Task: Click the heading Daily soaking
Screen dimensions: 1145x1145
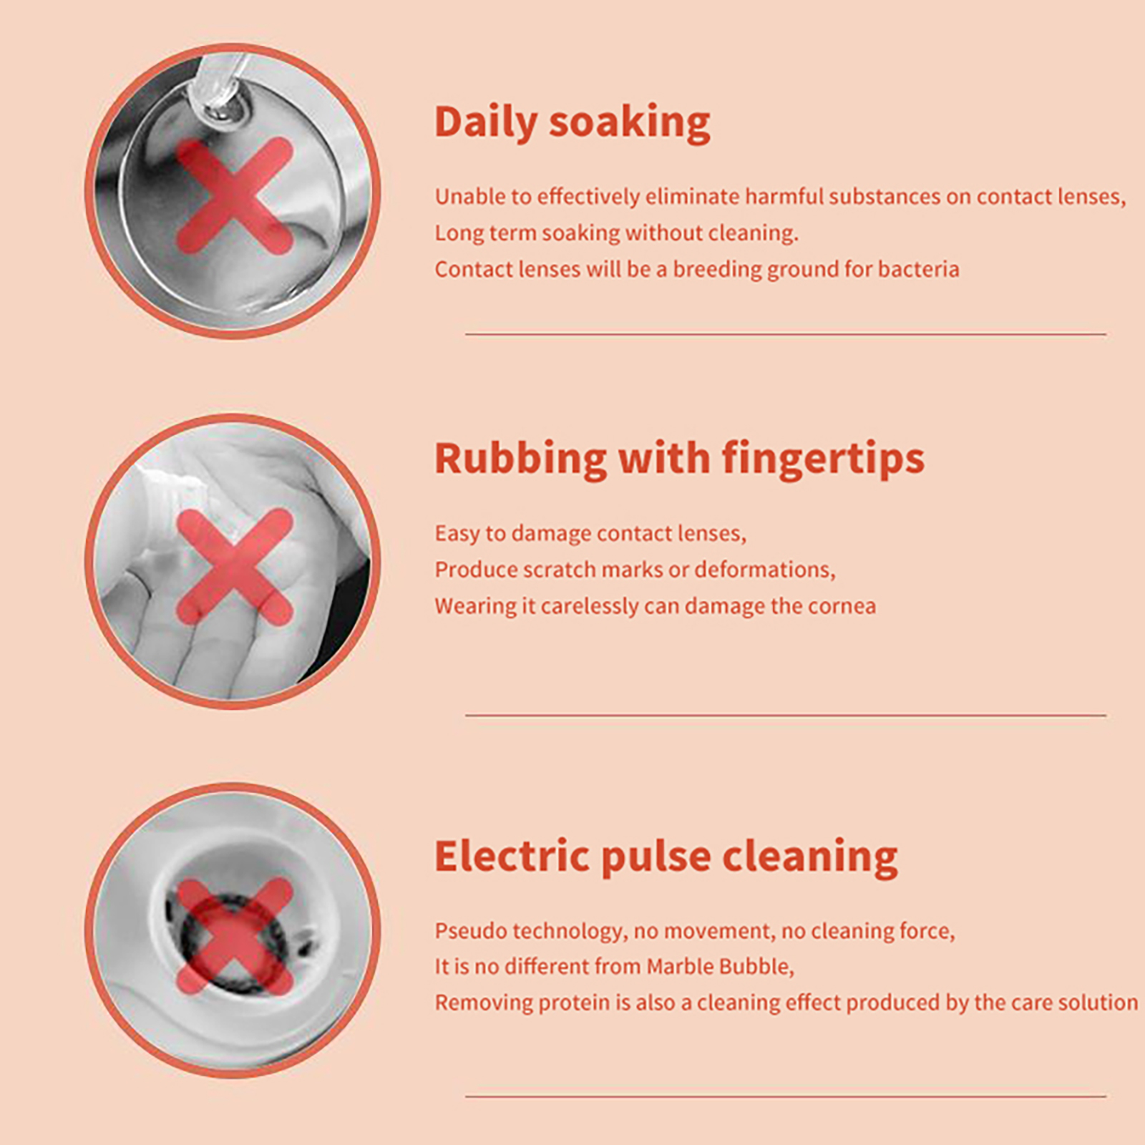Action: tap(572, 122)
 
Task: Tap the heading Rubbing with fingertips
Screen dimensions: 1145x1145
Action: tap(679, 459)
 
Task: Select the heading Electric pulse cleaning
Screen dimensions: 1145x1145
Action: tap(666, 857)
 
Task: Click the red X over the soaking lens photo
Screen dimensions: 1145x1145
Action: tap(235, 195)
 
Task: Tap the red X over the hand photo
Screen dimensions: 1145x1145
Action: tap(235, 567)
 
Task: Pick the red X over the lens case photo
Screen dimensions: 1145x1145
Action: tap(235, 937)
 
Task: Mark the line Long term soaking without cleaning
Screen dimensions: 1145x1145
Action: tap(616, 233)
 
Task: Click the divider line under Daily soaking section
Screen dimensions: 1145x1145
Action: tap(786, 333)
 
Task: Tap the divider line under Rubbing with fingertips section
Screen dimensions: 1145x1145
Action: tap(786, 715)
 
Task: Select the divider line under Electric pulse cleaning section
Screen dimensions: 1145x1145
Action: tap(786, 1096)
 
